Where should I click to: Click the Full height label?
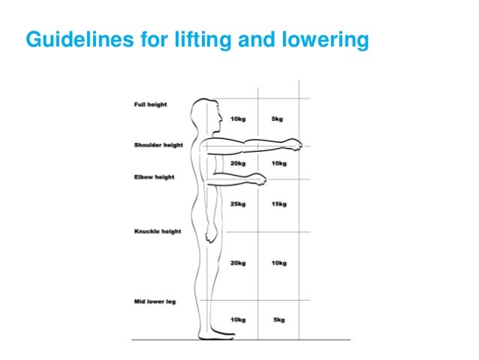point(150,104)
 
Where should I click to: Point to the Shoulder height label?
point(158,145)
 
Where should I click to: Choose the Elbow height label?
point(154,177)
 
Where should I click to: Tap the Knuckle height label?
point(157,231)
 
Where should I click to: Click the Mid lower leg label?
point(155,301)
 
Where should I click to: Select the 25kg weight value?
point(238,204)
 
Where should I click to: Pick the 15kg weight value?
point(279,204)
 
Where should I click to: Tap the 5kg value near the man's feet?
point(279,320)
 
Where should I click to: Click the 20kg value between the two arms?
point(238,163)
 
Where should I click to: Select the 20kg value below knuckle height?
point(238,262)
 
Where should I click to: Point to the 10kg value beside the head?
point(238,119)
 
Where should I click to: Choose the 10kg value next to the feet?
point(238,320)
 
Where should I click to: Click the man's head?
point(209,116)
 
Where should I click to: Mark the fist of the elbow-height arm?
point(259,180)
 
